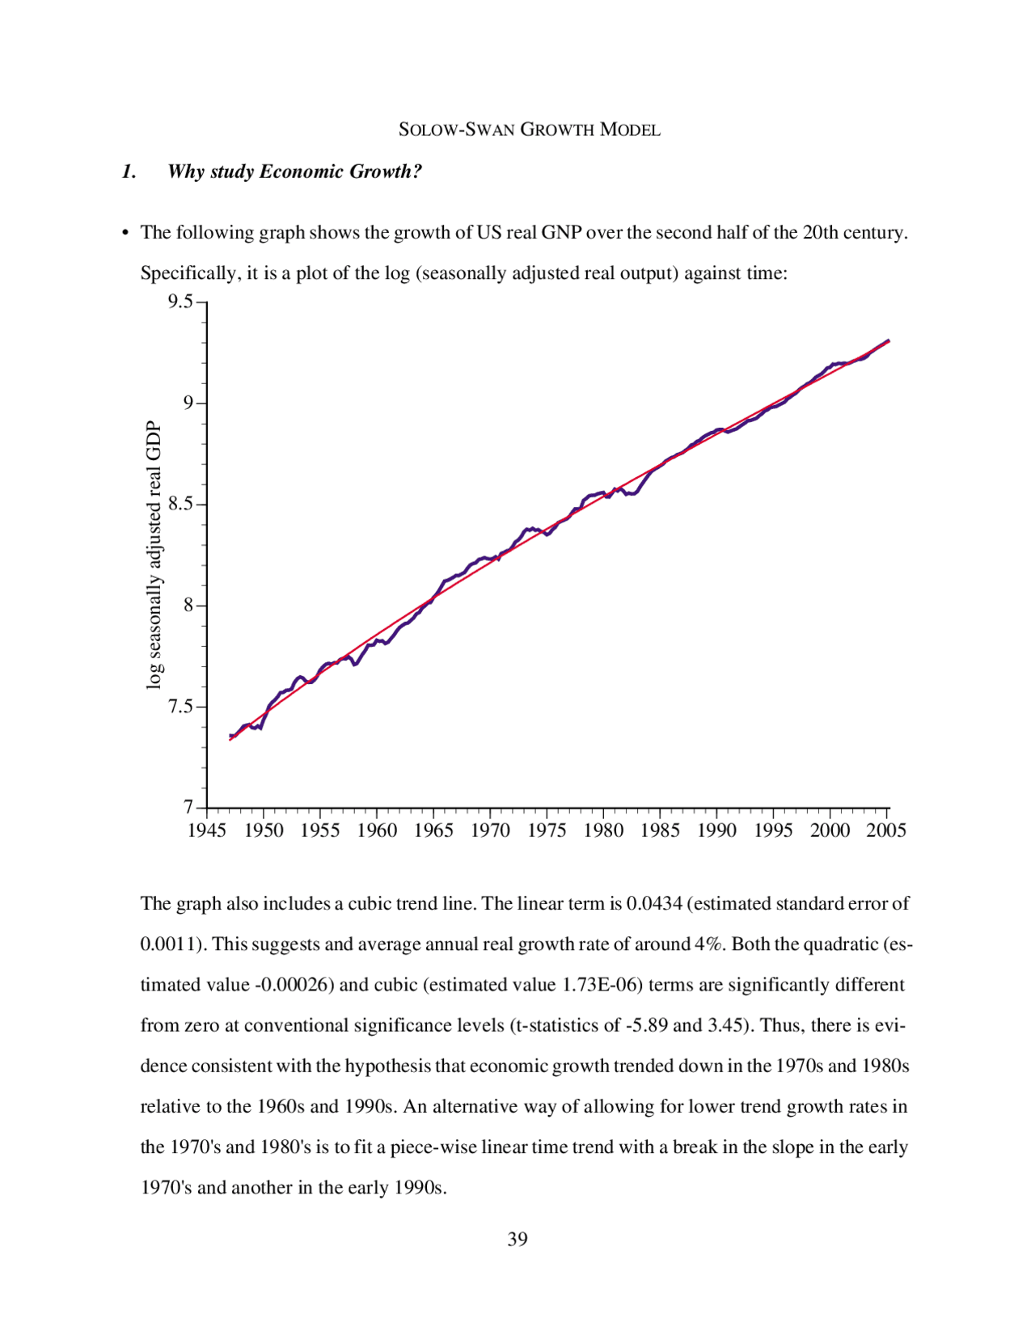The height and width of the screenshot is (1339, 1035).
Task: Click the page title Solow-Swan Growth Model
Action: coord(530,129)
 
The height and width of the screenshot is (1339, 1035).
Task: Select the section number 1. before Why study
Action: coord(129,171)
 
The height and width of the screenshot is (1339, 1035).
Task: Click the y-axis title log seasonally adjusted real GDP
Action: coord(154,555)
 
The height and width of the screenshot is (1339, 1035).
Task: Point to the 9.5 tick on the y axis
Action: coord(181,302)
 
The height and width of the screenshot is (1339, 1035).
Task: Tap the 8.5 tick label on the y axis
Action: coord(181,505)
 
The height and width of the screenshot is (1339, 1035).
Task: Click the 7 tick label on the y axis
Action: coord(188,807)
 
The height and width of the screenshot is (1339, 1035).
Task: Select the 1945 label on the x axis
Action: coord(207,830)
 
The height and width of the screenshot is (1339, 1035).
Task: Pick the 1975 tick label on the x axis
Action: coord(547,830)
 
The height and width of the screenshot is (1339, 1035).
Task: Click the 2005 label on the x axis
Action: coord(886,830)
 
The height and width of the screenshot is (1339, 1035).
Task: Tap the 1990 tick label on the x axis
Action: coord(716,830)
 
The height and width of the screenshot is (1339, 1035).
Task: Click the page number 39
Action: coord(517,1239)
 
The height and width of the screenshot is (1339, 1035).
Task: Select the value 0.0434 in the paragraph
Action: coord(654,903)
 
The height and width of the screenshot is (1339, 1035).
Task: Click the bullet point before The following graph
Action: coord(125,234)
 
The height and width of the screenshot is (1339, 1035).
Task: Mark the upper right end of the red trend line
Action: coord(889,341)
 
